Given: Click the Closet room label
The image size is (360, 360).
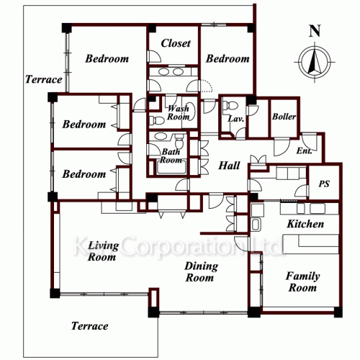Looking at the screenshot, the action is click(176, 43).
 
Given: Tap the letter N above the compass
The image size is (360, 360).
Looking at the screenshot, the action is click(315, 31).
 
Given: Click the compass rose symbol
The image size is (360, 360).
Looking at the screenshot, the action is click(315, 63).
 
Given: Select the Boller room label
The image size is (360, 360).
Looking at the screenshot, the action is click(284, 117).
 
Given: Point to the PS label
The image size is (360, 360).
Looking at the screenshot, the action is click(324, 184).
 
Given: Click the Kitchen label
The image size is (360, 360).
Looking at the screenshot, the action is click(305, 224).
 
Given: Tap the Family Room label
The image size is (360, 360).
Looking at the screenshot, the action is click(302, 282).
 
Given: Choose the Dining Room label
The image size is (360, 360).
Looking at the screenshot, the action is click(201, 272).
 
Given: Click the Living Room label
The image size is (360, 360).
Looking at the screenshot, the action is click(103, 251).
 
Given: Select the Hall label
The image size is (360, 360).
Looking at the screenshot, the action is click(229, 166).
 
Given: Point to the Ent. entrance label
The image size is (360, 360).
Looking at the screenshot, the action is click(304, 150).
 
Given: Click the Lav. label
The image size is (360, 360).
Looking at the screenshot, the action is click(236, 119).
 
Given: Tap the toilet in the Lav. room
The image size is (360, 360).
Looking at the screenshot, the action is click(230, 105).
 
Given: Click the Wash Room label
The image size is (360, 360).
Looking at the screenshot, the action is click(179, 112).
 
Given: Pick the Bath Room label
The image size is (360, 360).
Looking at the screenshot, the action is click(171, 156).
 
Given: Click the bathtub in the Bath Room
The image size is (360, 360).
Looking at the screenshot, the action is click(171, 167).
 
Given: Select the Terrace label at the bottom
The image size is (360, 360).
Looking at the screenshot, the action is click(89, 326).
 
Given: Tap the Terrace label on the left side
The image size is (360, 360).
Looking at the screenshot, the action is click(44, 79).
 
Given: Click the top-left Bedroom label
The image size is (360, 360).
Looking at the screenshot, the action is click(107, 58).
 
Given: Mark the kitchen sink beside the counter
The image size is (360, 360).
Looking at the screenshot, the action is click(256, 225).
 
